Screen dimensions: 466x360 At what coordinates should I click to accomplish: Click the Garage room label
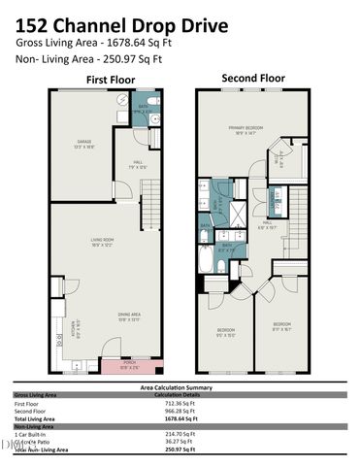coord(84,146)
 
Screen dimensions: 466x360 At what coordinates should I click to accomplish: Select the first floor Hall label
coord(138,165)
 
